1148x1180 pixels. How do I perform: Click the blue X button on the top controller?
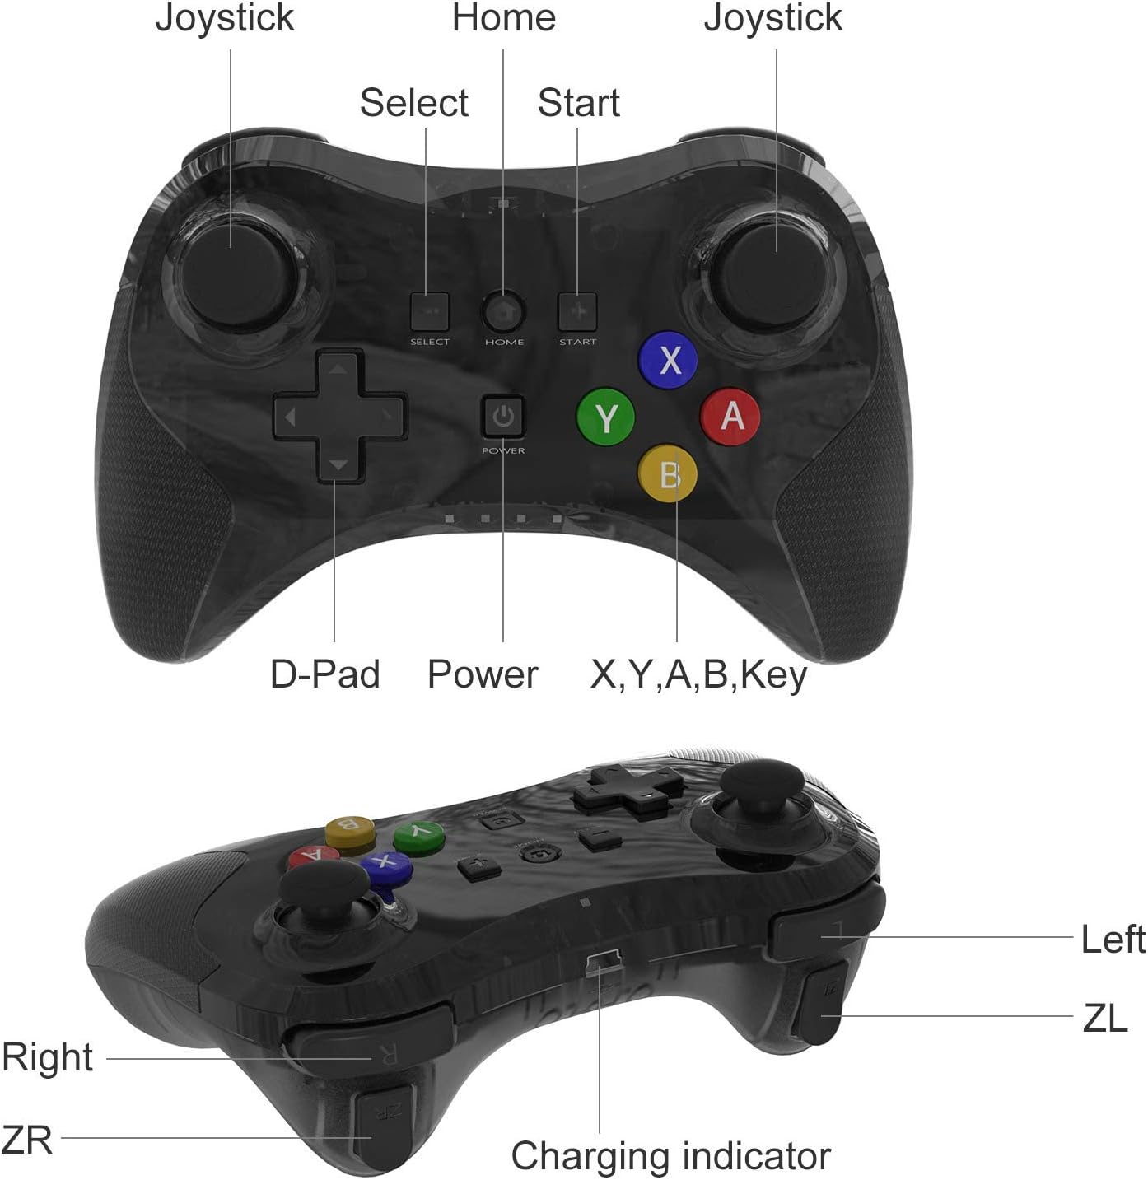[x=668, y=360]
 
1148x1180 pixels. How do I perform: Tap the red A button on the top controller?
[x=730, y=417]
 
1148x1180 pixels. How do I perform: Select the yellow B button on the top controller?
[x=668, y=474]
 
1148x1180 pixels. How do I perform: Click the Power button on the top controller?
[x=503, y=417]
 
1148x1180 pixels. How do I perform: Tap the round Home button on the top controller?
[x=503, y=311]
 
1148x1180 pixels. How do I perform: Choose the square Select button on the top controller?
[x=429, y=312]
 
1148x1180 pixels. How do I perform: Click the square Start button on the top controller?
[x=577, y=312]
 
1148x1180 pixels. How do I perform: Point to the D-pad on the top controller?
[x=338, y=417]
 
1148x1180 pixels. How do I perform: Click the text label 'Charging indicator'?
[x=670, y=1156]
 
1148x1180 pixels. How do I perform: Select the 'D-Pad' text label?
[x=325, y=674]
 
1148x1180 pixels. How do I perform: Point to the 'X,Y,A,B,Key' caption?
[x=698, y=674]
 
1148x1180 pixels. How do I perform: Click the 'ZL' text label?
[x=1104, y=1019]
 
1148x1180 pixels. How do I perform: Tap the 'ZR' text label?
[x=27, y=1140]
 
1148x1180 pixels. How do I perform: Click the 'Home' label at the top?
[x=504, y=18]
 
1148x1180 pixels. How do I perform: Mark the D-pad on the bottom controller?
[x=628, y=789]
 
